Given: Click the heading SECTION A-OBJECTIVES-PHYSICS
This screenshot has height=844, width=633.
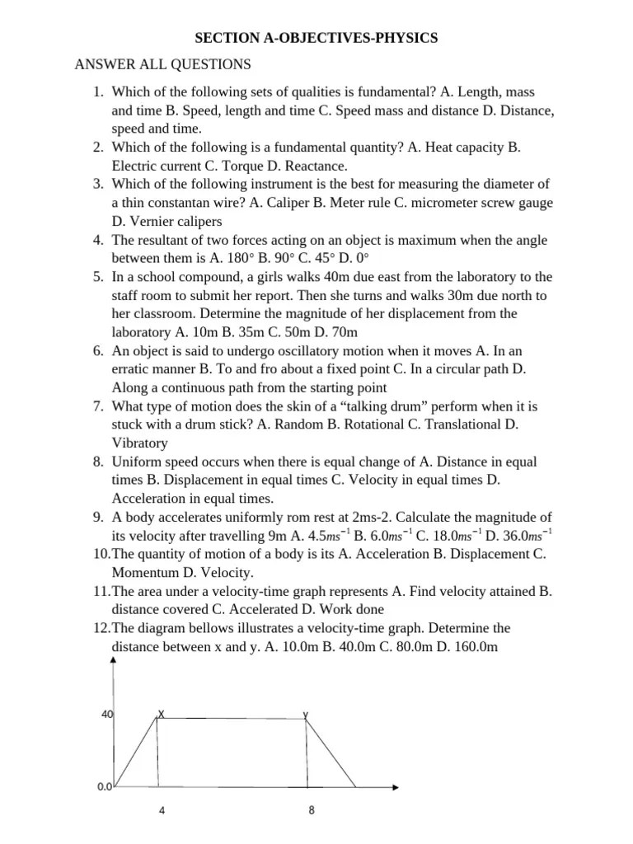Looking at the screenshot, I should point(316,38).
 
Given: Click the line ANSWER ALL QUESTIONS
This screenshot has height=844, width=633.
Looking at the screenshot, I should point(163,64).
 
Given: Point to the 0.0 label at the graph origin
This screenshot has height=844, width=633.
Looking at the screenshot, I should point(104,787).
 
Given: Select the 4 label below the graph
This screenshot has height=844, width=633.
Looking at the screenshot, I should point(162,811).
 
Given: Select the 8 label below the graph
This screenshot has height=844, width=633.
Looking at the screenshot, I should point(312,810).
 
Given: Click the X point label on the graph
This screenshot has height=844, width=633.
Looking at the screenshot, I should point(161,713).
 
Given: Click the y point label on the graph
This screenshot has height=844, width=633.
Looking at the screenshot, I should point(306,714).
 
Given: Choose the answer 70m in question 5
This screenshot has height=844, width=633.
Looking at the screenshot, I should point(344,332).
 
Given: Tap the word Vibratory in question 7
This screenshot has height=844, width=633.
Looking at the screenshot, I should point(139,443).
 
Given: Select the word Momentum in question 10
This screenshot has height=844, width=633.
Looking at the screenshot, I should point(143,572).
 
